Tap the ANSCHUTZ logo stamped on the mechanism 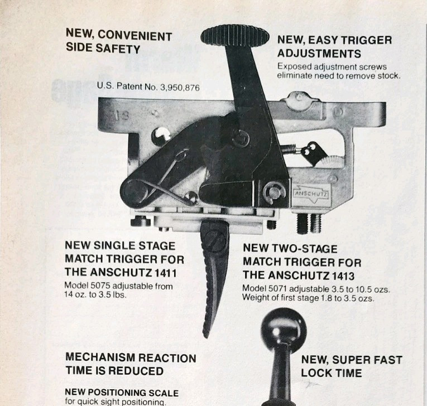tap(311, 194)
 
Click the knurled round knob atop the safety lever tap(235, 37)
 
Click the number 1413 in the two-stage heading tap(343, 276)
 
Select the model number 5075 tap(100, 286)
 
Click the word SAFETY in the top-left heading tap(118, 49)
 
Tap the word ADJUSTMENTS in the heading tap(319, 54)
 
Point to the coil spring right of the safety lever tap(291, 148)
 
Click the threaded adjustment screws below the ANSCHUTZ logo tap(309, 223)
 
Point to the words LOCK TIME tap(331, 373)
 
